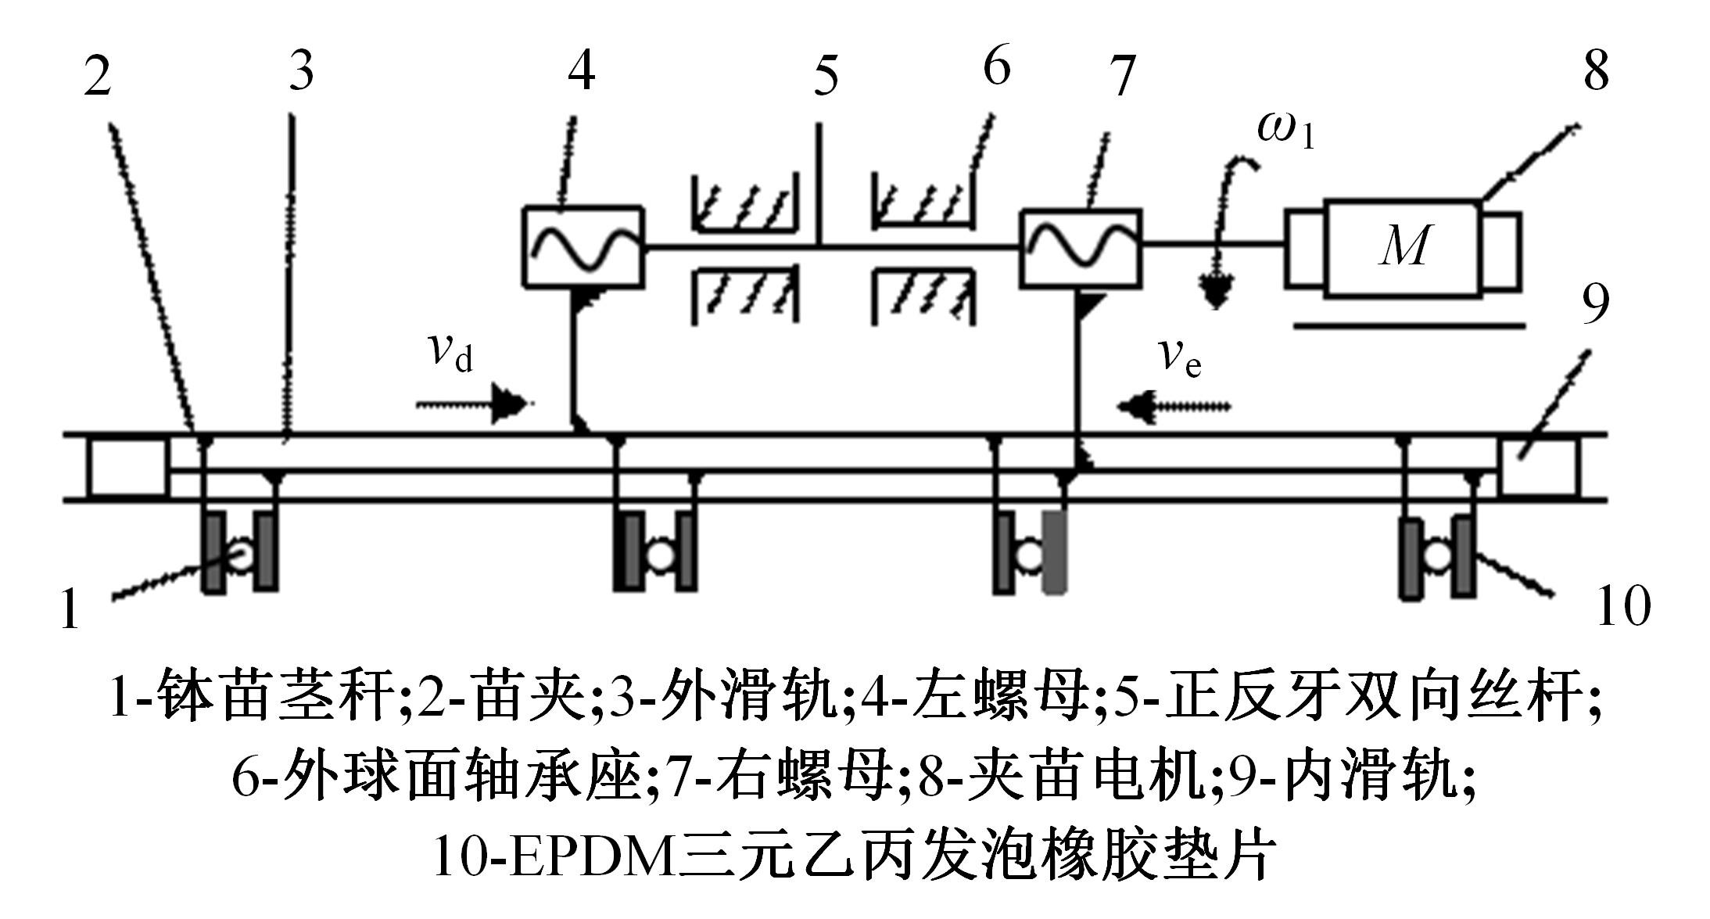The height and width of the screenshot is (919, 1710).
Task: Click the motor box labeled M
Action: coord(1403,249)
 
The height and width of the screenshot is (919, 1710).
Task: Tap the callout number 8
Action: coord(1595,70)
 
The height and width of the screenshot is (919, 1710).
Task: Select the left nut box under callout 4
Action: coord(583,246)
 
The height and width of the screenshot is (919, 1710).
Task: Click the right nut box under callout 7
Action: coord(1080,247)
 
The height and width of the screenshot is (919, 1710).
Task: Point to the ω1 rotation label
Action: coord(1285,130)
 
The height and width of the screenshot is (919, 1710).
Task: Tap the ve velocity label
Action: coord(1180,358)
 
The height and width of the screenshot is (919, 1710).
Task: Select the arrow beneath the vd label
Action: coord(474,405)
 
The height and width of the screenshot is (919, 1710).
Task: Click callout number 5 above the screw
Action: coord(826,76)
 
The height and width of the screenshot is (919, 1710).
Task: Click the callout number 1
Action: coord(70,609)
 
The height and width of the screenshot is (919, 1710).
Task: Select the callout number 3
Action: coord(301,70)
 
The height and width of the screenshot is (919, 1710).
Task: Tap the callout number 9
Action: coord(1595,303)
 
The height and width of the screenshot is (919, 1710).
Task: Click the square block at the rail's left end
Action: coord(127,468)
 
